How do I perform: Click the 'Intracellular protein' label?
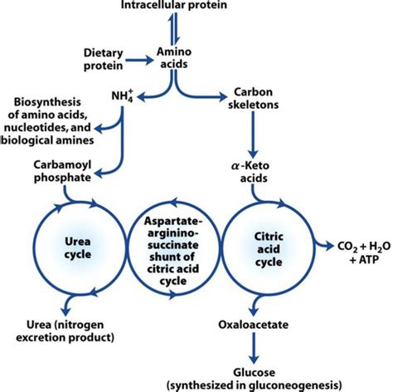[x=174, y=4]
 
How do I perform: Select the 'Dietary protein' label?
[x=104, y=59]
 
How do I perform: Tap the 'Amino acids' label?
[x=174, y=58]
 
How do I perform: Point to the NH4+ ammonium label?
[x=123, y=96]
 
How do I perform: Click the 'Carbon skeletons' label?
[x=253, y=98]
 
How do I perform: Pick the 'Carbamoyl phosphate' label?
[x=62, y=171]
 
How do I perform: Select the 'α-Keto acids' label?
[x=250, y=172]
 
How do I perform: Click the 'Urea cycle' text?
[x=78, y=247]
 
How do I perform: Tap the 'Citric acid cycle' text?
[x=269, y=249]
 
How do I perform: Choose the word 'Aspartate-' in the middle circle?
[x=173, y=222]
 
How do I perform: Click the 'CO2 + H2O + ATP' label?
[x=364, y=252]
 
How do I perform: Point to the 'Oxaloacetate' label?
[x=253, y=325]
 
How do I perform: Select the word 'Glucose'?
[x=255, y=372]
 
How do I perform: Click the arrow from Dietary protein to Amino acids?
[x=139, y=60]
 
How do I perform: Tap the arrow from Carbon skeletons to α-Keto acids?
[x=253, y=135]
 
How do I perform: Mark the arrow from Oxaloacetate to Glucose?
[x=254, y=348]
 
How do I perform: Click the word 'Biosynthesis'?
[x=47, y=102]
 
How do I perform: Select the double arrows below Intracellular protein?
[x=174, y=27]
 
